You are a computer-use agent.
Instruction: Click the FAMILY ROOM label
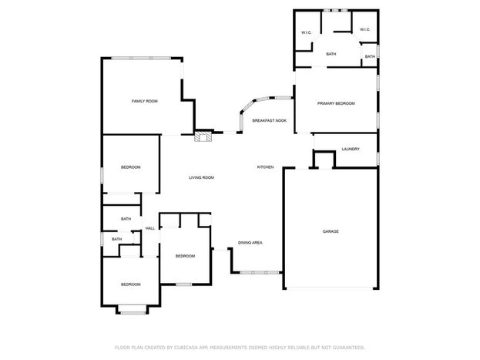[x=145, y=101]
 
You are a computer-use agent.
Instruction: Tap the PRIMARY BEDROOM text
[x=336, y=103]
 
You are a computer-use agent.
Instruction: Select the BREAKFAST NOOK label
[x=270, y=121]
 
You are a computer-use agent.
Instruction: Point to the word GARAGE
[x=331, y=231]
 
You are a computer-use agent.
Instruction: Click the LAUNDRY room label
[x=351, y=150]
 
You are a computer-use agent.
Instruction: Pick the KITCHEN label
[x=265, y=167]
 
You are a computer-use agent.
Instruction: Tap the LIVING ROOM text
[x=201, y=178]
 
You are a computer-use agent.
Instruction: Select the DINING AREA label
[x=250, y=243]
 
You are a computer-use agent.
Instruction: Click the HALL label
[x=150, y=228]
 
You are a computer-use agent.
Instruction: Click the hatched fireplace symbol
[x=203, y=136]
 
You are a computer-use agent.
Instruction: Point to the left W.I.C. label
[x=306, y=32]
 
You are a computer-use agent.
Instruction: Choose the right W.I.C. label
[x=365, y=30]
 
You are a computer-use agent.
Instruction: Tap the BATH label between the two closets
[x=331, y=54]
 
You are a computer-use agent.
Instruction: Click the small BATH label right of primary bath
[x=370, y=57]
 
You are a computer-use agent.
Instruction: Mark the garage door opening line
[x=330, y=288]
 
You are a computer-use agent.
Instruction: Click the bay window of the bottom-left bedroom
[x=133, y=313]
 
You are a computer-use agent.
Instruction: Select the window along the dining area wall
[x=260, y=272]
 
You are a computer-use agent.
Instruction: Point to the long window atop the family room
[x=141, y=58]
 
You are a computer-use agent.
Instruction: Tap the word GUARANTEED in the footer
[x=349, y=348]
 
